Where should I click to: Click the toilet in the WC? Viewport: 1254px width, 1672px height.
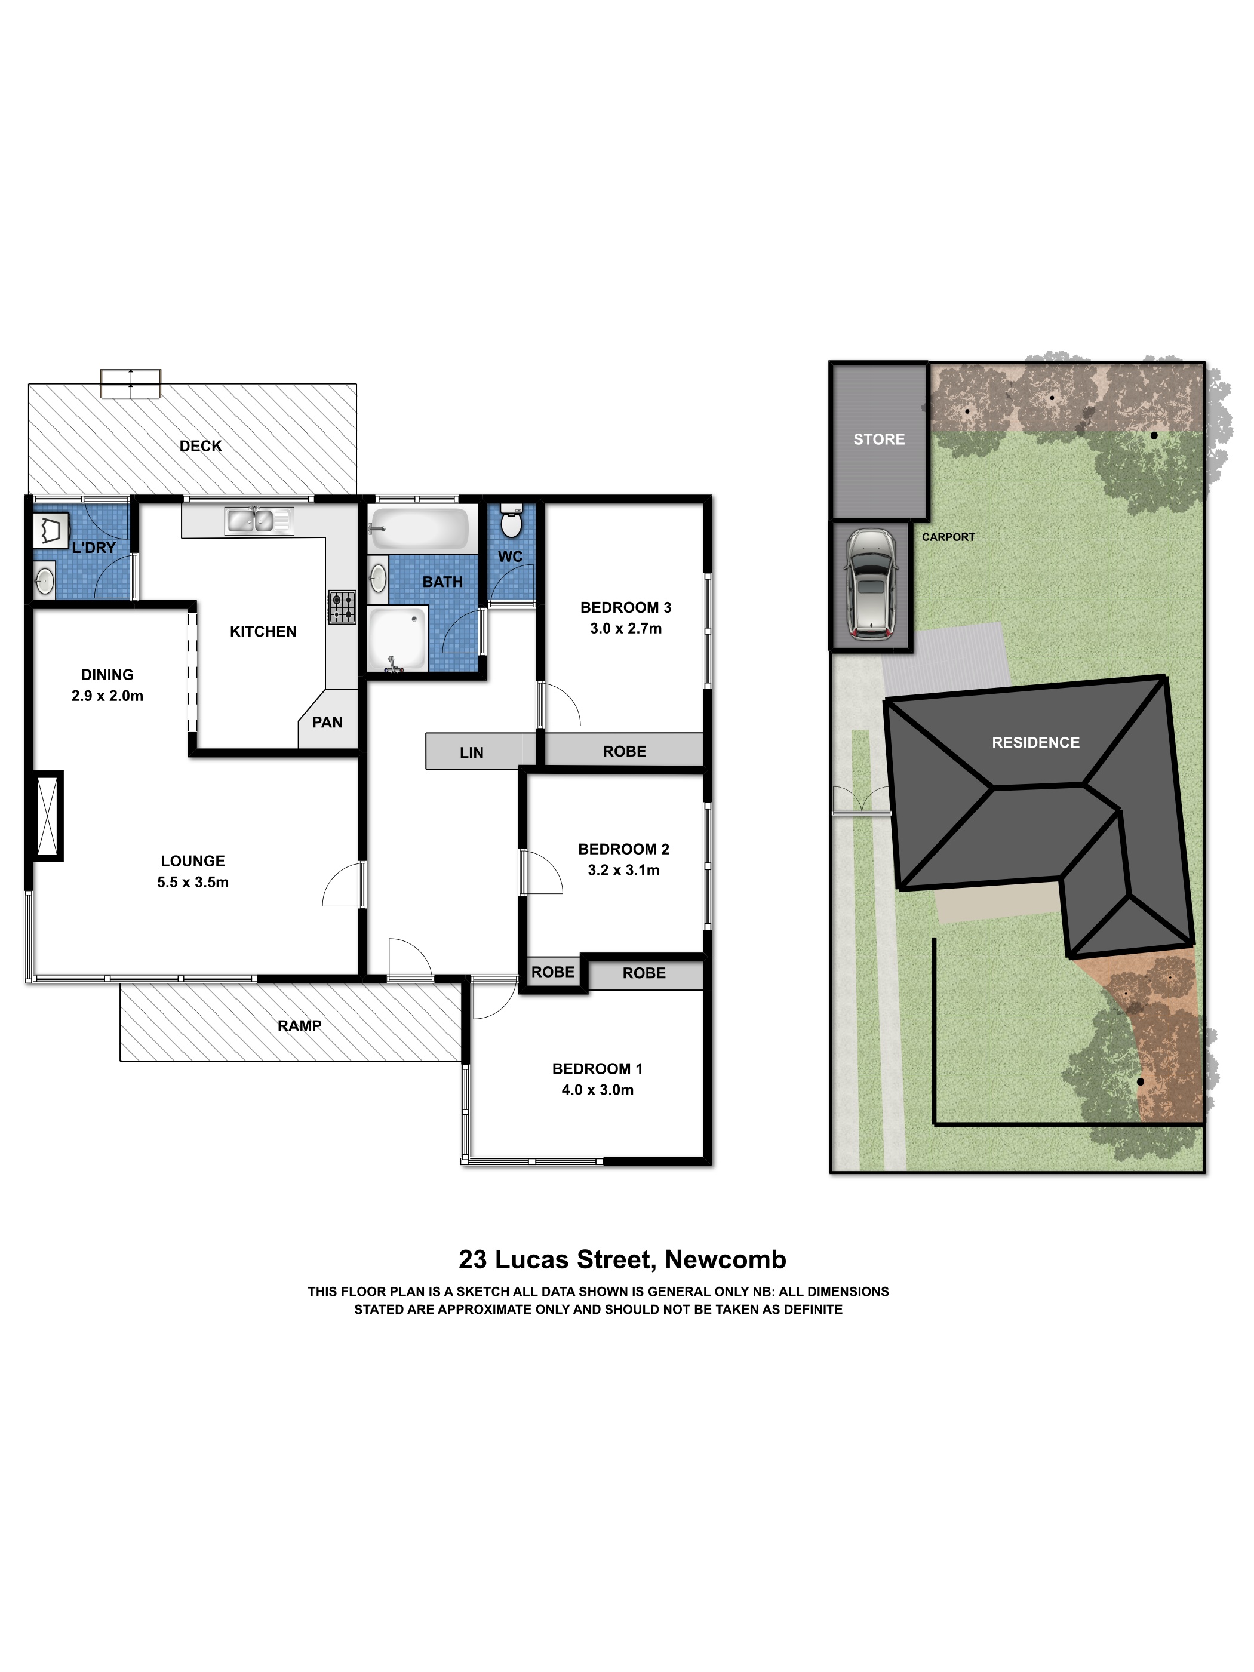[x=512, y=520]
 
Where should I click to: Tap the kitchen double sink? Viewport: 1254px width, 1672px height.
[x=259, y=521]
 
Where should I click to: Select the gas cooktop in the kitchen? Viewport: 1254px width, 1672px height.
[x=342, y=607]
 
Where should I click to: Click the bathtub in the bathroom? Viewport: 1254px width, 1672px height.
[x=420, y=528]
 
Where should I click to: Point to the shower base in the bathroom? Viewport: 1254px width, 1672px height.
[x=398, y=640]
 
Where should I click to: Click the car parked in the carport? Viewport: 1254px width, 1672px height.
[x=871, y=583]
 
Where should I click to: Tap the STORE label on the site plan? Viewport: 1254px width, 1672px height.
[x=879, y=439]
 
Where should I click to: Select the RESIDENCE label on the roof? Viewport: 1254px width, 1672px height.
[x=1035, y=742]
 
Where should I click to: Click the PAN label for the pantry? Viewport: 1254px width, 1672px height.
[x=327, y=722]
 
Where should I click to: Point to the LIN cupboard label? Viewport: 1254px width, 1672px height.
[x=472, y=752]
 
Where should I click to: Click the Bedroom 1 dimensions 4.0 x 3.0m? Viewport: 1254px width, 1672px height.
[x=597, y=1089]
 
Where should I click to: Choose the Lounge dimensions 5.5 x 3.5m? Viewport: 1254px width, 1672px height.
[x=193, y=881]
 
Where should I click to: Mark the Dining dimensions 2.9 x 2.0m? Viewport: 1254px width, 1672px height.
[x=107, y=696]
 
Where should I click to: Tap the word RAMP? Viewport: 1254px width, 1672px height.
[x=299, y=1026]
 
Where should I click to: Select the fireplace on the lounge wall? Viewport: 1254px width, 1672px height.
[x=47, y=816]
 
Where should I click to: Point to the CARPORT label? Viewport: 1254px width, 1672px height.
[x=948, y=537]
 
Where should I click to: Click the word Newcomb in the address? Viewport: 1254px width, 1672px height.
[x=726, y=1259]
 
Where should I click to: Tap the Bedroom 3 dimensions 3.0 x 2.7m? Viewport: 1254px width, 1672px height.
[x=626, y=628]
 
